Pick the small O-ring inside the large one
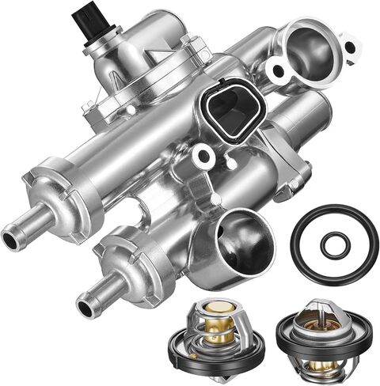pos(335,245)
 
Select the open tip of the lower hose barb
pos(82,301)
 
